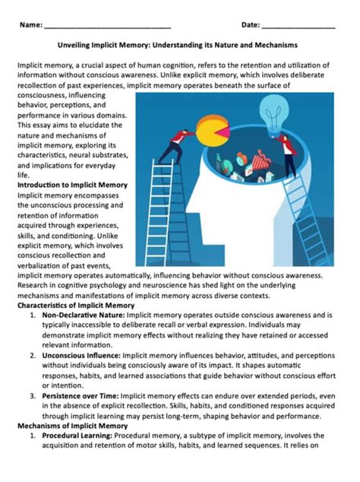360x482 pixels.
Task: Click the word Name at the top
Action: pos(30,25)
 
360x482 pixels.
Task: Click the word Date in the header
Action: pos(251,25)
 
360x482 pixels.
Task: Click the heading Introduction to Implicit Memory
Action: pos(72,185)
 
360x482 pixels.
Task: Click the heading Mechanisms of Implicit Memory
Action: pos(68,427)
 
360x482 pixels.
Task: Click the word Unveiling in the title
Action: pos(78,46)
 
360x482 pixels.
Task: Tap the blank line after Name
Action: pos(106,27)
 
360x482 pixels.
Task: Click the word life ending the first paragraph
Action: pos(22,174)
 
